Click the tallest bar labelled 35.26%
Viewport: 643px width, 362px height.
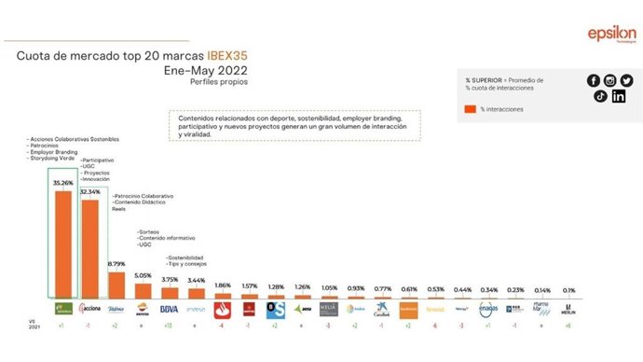tap(64, 244)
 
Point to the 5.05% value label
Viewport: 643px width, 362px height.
tap(143, 275)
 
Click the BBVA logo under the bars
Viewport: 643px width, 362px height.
tap(170, 308)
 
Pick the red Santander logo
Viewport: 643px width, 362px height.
tap(223, 308)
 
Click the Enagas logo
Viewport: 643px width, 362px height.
tap(490, 308)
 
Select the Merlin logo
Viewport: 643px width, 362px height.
tap(569, 309)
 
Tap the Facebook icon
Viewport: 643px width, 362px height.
tap(594, 80)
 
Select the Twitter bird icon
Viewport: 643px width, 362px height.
tap(625, 80)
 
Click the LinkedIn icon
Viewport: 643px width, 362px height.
tap(619, 96)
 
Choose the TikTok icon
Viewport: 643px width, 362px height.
tap(601, 96)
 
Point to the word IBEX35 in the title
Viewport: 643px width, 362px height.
tap(229, 57)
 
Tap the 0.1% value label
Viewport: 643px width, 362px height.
tap(569, 289)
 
